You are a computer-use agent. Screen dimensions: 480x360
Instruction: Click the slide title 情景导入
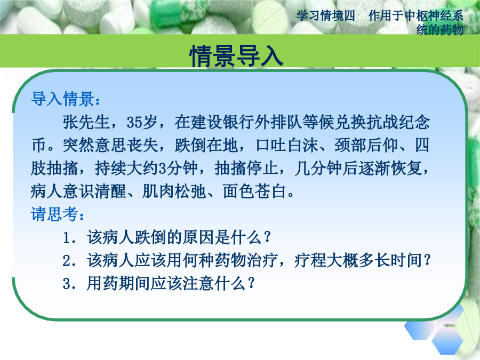coord(236,55)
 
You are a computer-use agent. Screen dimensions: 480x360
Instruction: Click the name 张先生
coord(86,122)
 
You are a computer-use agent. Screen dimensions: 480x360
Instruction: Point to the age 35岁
coord(142,122)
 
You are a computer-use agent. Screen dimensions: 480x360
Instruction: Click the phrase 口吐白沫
coord(286,145)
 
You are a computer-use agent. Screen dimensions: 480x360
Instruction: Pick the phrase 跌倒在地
coord(206,145)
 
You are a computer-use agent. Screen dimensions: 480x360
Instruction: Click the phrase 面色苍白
coord(254,191)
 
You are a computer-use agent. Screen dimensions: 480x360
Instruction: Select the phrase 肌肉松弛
coord(174,191)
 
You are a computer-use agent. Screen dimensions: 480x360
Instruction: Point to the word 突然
coord(78,145)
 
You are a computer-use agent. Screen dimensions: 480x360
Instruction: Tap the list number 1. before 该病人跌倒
coord(69,238)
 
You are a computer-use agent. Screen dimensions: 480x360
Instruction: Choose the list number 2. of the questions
coord(69,261)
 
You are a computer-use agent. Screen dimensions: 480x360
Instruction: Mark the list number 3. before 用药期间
coord(69,284)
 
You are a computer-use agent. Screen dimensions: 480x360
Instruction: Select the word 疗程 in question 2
coord(310,260)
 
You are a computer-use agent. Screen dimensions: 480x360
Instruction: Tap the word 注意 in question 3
coord(198,283)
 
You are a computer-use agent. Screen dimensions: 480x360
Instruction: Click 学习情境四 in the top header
coord(326,15)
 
